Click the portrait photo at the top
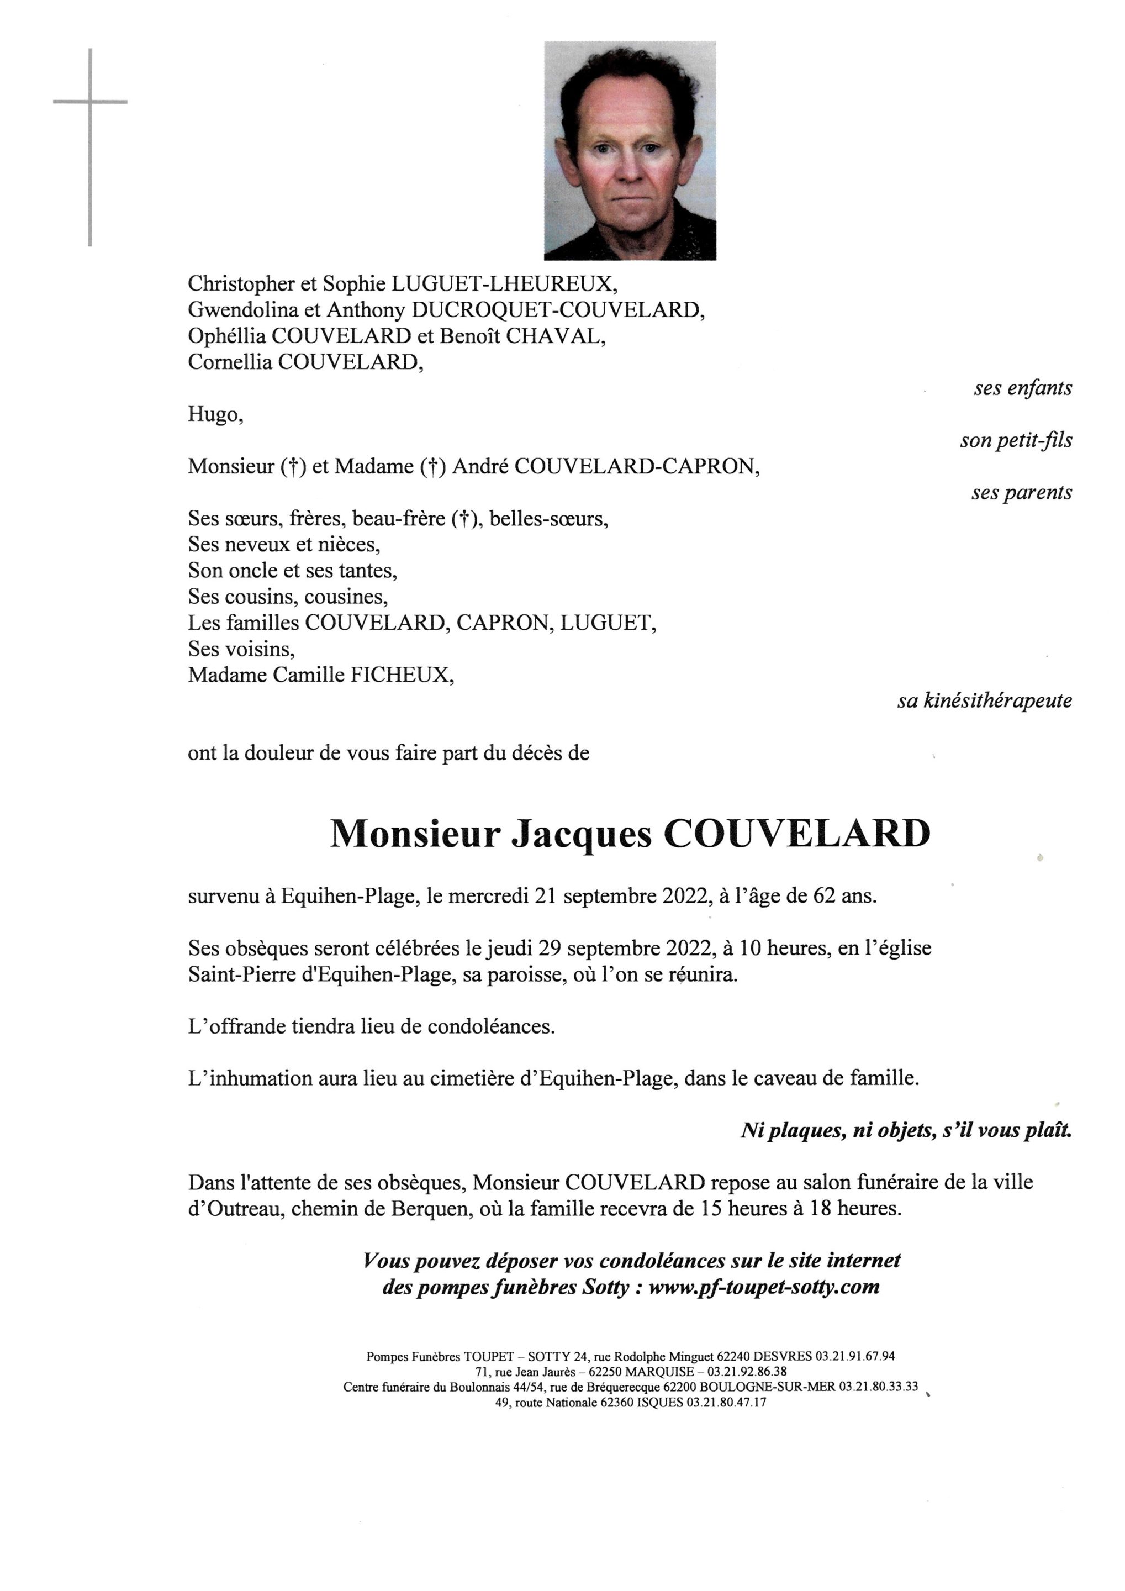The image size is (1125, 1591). coord(629,150)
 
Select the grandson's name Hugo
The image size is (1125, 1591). coord(215,414)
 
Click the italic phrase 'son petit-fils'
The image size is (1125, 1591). coord(1016,441)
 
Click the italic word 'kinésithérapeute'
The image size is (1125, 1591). coord(997,700)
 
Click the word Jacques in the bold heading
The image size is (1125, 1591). coord(581,834)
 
